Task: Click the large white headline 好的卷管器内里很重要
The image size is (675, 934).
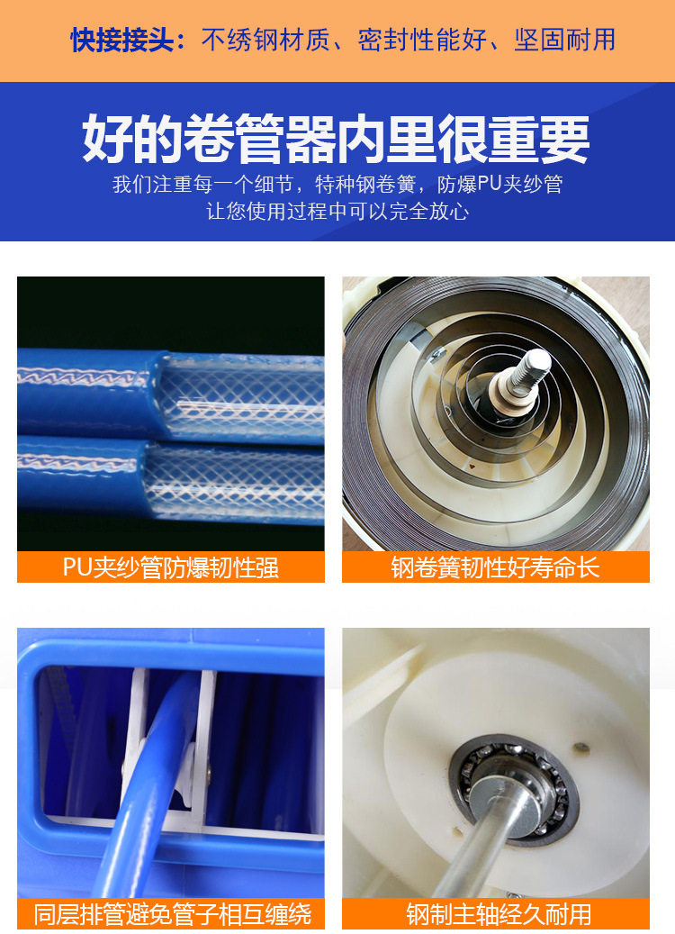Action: pyautogui.click(x=337, y=139)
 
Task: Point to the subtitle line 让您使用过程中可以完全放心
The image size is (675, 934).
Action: pyautogui.click(x=337, y=212)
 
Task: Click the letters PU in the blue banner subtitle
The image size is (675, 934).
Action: pyautogui.click(x=489, y=185)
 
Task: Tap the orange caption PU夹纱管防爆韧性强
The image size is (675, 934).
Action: pyautogui.click(x=171, y=567)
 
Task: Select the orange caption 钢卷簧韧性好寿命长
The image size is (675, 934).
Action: pyautogui.click(x=495, y=567)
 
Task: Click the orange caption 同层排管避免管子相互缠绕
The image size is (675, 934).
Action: pyautogui.click(x=171, y=914)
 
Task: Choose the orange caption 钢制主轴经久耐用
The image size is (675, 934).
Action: pyautogui.click(x=495, y=914)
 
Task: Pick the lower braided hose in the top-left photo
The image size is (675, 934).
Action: pyautogui.click(x=171, y=477)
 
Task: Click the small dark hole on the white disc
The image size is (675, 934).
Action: pyautogui.click(x=580, y=746)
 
